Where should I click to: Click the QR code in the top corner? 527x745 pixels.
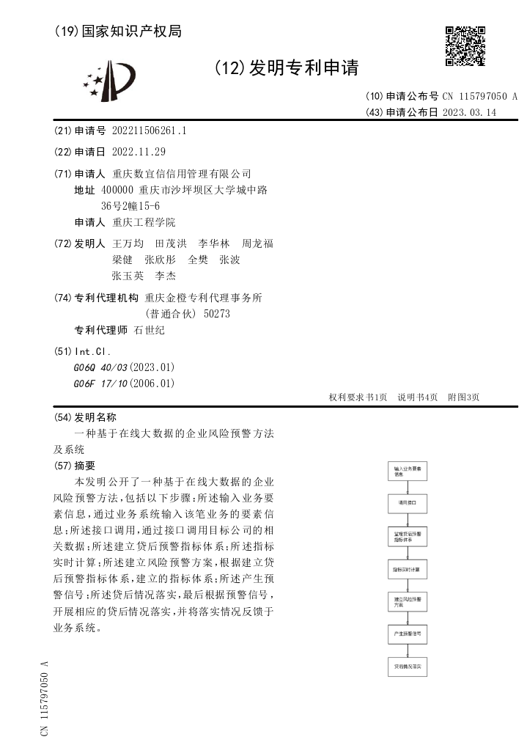465,46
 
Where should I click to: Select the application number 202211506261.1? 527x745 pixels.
150,131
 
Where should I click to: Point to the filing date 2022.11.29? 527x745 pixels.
139,153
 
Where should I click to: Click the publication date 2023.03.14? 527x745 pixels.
469,113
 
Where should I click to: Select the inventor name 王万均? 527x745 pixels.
128,243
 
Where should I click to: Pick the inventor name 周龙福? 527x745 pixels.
257,243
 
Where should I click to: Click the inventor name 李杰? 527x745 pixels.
164,276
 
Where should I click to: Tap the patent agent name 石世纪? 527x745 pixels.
150,330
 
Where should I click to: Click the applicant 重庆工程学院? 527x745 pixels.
144,222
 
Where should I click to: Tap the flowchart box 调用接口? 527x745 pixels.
407,504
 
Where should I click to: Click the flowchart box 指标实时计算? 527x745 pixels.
407,569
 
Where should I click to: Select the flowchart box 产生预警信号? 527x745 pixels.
407,633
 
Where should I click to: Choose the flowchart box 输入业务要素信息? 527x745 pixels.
407,471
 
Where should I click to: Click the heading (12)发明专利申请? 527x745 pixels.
287,68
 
